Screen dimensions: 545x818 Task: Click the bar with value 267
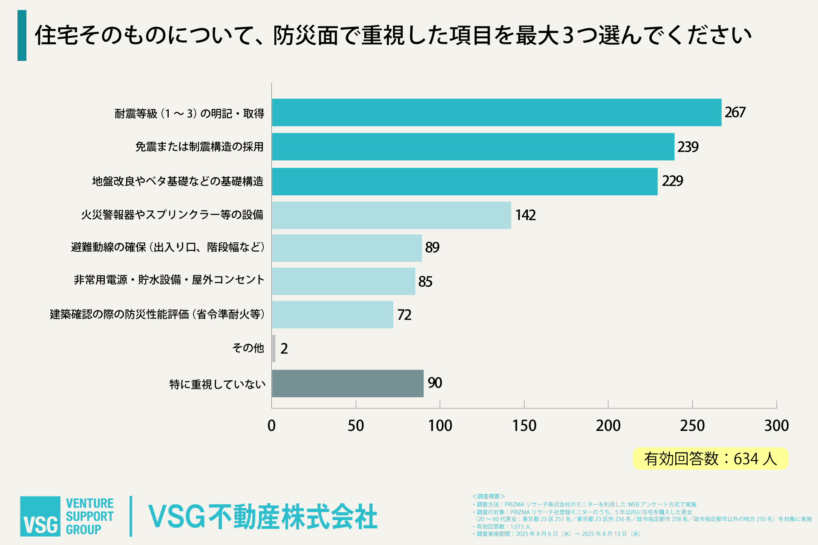[x=496, y=112]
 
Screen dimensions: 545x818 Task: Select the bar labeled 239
[x=473, y=146]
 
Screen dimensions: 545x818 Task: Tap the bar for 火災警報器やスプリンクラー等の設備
[x=391, y=215]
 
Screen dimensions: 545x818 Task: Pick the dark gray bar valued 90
[x=348, y=383]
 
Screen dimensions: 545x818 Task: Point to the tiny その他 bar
[x=274, y=348]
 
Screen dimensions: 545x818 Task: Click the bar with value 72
[x=332, y=315]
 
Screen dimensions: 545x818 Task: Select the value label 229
[x=672, y=181]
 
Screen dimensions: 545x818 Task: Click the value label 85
[x=425, y=281]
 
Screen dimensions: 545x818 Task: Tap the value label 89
[x=432, y=247]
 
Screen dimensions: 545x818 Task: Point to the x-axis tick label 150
[x=524, y=425]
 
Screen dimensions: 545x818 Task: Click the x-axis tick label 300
[x=776, y=425]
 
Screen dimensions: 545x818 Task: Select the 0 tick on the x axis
[x=271, y=425]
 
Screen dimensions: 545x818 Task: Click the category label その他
[x=248, y=348]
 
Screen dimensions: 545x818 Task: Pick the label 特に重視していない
[x=217, y=384]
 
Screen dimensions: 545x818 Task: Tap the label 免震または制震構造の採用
[x=199, y=147]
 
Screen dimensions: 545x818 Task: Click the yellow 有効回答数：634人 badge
[x=710, y=459]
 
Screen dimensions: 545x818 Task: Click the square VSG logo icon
[x=40, y=516]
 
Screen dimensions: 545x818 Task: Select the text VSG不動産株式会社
[x=262, y=517]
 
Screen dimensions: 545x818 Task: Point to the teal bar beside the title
[x=22, y=35]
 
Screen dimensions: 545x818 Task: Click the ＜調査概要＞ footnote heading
[x=488, y=496]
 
